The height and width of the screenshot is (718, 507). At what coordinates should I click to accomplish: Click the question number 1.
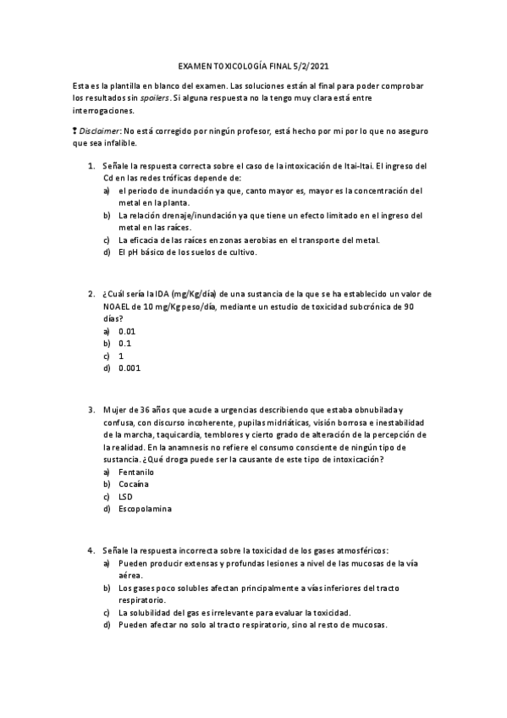(x=91, y=166)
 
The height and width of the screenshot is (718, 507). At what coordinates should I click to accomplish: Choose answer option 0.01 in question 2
(x=127, y=331)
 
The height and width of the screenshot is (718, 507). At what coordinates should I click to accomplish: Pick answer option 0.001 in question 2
(x=130, y=368)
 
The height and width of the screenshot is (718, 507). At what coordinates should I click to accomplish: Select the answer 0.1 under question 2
(x=124, y=344)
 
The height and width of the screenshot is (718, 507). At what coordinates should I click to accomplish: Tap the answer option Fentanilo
(x=136, y=472)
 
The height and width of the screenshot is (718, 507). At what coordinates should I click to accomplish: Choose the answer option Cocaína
(x=134, y=484)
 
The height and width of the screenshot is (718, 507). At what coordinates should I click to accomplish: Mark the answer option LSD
(x=126, y=496)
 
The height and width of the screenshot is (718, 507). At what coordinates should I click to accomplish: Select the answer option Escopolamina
(x=145, y=509)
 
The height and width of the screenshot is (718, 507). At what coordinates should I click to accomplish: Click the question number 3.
(x=91, y=410)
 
